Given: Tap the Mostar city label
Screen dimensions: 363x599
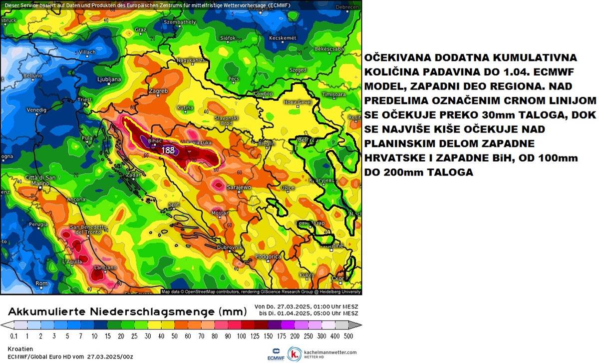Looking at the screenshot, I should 220,213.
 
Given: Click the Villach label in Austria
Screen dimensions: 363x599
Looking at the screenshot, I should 73,52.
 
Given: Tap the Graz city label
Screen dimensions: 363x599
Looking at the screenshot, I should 140,29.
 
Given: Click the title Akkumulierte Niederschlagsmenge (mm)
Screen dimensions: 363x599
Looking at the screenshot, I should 127,311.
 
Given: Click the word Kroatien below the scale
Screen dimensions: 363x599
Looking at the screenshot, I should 20,348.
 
